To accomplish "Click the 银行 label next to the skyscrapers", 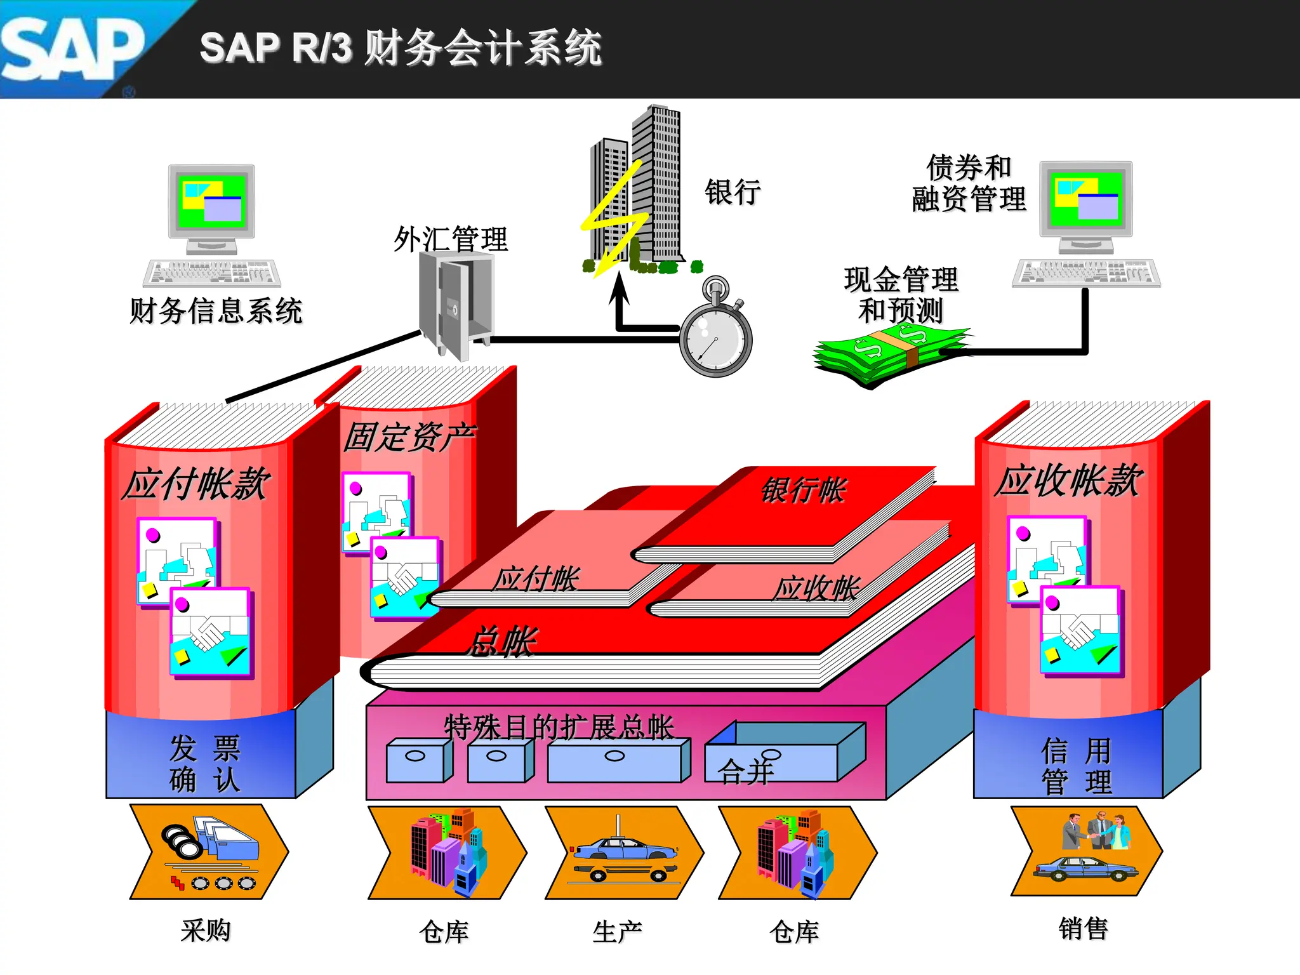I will point(733,192).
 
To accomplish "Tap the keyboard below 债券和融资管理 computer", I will point(1086,273).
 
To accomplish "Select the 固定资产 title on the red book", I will point(409,437).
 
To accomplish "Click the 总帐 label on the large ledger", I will point(501,641).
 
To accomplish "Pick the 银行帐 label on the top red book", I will point(803,490).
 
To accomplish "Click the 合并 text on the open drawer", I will point(746,772).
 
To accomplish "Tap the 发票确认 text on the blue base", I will point(204,764).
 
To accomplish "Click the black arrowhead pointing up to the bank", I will point(620,289).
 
